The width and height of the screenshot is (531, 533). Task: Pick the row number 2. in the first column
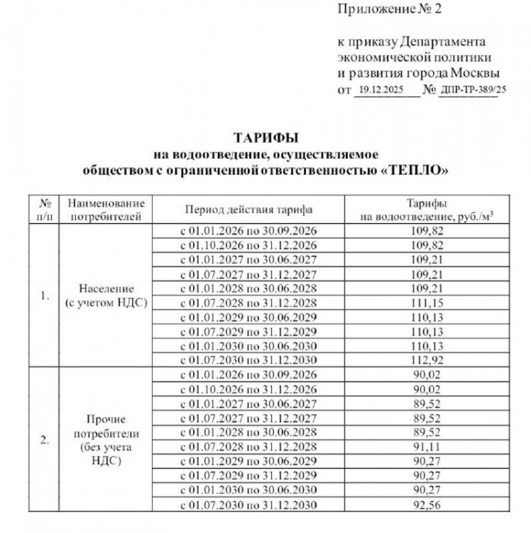pos(44,439)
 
